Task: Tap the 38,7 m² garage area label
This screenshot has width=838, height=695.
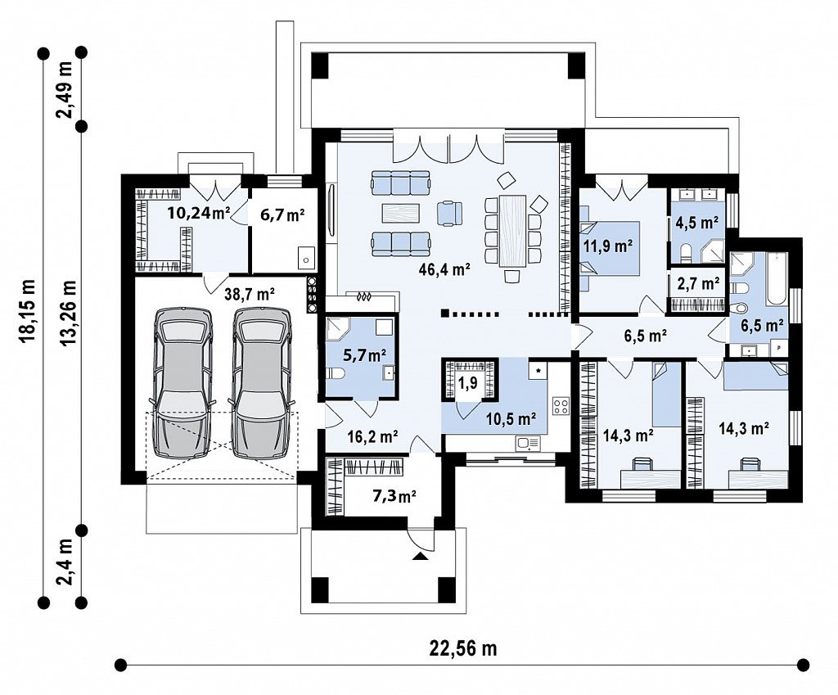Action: pyautogui.click(x=250, y=294)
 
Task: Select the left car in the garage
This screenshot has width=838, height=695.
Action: pyautogui.click(x=182, y=383)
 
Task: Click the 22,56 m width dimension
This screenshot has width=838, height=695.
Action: pyautogui.click(x=463, y=648)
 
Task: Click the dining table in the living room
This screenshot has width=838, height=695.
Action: pyautogui.click(x=513, y=230)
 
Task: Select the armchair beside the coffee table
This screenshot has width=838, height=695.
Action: pyautogui.click(x=449, y=212)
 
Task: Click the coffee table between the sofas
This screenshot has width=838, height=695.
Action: pyautogui.click(x=401, y=213)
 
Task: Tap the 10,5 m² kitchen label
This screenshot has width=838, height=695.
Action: pyautogui.click(x=511, y=418)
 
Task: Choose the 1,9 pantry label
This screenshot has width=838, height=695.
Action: pyautogui.click(x=467, y=383)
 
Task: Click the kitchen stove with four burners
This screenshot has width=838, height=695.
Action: pyautogui.click(x=561, y=405)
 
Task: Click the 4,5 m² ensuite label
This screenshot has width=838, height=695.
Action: pyautogui.click(x=697, y=222)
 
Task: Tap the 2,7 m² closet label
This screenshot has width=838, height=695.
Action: pyautogui.click(x=698, y=283)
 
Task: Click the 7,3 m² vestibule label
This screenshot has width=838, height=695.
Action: pyautogui.click(x=394, y=496)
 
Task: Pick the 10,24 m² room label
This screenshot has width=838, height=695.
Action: pyautogui.click(x=198, y=214)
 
